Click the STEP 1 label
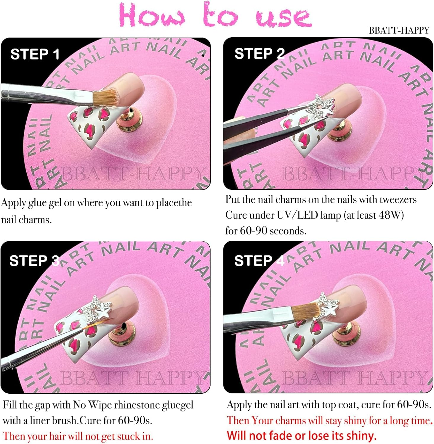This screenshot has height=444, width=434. [x=35, y=54]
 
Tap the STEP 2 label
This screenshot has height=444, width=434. [x=260, y=54]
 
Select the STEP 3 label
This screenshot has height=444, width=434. [x=34, y=261]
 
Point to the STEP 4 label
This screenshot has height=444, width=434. [x=259, y=261]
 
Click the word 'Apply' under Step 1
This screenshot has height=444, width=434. [x=13, y=203]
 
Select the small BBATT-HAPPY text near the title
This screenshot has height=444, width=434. [x=399, y=30]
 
